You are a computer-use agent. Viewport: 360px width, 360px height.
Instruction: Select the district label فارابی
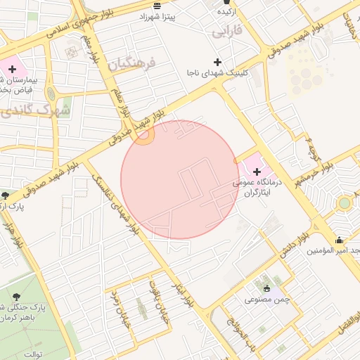click(x=226, y=31)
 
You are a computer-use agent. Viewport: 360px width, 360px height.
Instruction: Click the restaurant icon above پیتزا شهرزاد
click(x=166, y=5)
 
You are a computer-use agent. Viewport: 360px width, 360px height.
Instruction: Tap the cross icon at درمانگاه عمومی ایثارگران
click(x=257, y=172)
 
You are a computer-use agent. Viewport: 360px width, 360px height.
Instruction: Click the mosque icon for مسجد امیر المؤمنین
click(x=340, y=239)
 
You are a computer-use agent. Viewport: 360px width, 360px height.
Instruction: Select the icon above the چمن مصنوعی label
click(x=266, y=288)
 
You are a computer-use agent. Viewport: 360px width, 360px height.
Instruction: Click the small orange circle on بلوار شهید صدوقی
click(x=145, y=135)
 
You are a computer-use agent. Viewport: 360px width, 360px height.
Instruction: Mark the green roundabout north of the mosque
click(x=344, y=204)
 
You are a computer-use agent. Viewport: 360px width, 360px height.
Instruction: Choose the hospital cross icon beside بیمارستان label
click(x=12, y=69)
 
